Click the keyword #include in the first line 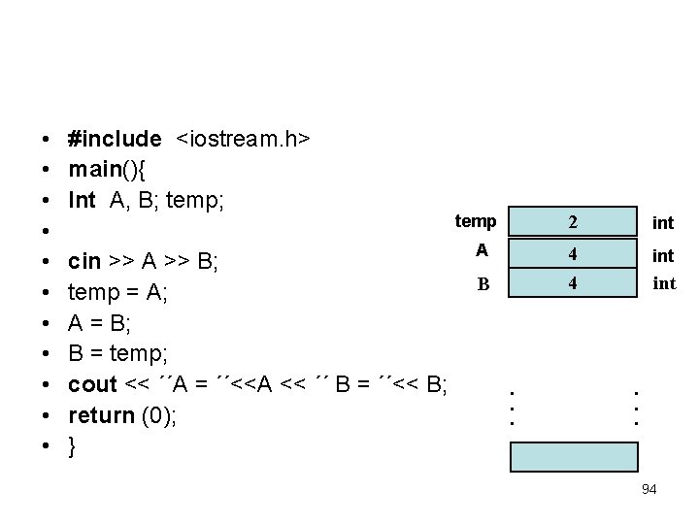[115, 140]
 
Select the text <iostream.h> [243, 140]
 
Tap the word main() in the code [107, 171]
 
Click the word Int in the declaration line [82, 201]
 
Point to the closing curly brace [73, 446]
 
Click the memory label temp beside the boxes [476, 222]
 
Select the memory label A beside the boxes [482, 251]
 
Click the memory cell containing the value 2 [574, 222]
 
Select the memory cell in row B [574, 285]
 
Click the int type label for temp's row [663, 223]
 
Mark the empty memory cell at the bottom [575, 456]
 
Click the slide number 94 [649, 489]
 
